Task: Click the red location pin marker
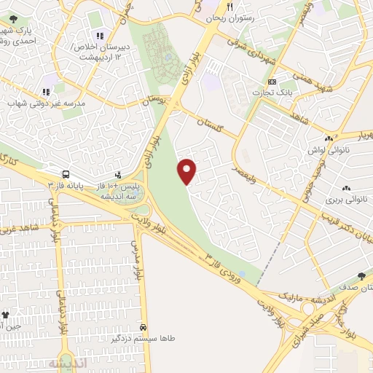[x=188, y=170]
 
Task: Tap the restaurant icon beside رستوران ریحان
[x=229, y=7]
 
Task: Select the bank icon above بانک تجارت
[x=272, y=81]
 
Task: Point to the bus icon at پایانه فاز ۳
[x=66, y=175]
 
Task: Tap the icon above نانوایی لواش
[x=329, y=138]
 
